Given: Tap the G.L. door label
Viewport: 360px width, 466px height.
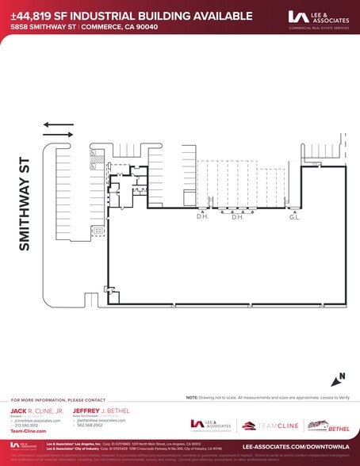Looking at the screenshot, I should coord(294,216).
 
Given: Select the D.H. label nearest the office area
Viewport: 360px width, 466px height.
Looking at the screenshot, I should coord(202,216).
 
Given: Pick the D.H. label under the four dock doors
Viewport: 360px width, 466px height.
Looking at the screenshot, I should coord(236,216).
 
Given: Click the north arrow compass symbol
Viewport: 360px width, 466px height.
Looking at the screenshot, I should coord(339,379).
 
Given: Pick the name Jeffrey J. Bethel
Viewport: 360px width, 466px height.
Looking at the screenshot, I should coord(101,412).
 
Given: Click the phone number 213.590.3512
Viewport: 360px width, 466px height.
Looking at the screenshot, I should coord(27,426).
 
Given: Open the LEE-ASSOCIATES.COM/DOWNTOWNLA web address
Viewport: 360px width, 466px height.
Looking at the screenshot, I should coord(301,446).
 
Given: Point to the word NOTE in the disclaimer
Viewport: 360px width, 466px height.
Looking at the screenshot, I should coord(192,397).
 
